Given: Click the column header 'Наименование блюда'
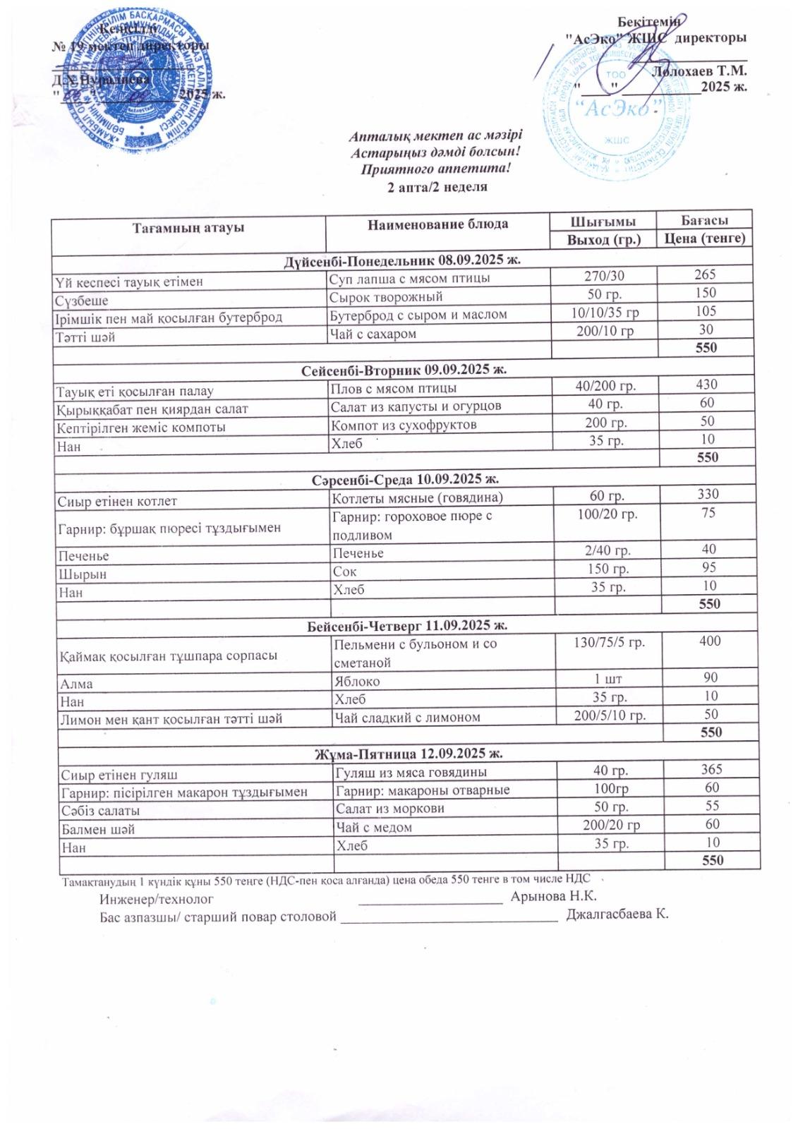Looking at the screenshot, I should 437,224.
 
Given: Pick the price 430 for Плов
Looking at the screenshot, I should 706,385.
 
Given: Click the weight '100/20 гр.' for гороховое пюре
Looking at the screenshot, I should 607,514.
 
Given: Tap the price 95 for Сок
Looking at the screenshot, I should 708,568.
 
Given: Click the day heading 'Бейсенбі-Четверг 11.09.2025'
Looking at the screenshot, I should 408,625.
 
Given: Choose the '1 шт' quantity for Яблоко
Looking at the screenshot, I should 608,679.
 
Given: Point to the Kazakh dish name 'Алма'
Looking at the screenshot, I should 77,684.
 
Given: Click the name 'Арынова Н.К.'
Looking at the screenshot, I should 553,896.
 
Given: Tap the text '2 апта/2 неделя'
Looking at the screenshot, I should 437,187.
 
